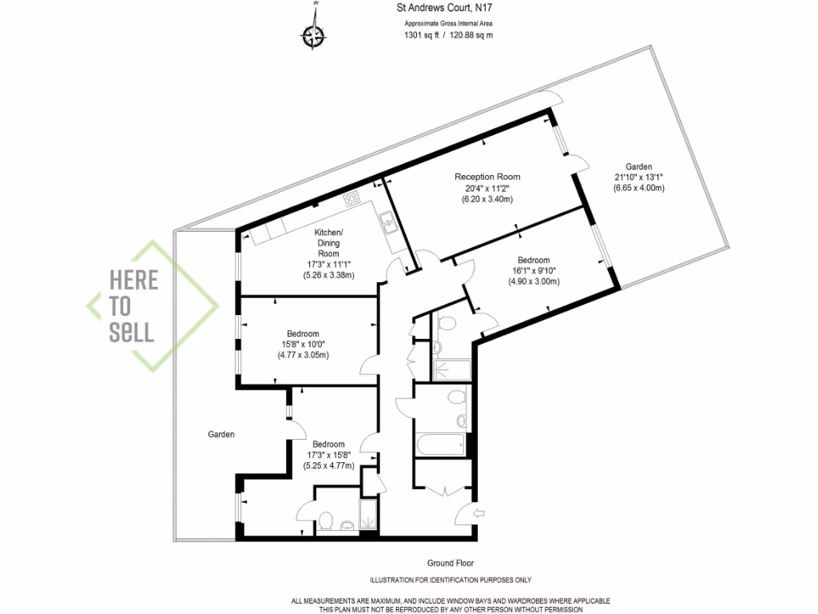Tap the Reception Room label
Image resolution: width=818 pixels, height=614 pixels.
click(x=487, y=177)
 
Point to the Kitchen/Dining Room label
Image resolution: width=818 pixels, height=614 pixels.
click(x=328, y=242)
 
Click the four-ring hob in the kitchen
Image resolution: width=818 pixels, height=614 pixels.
click(x=352, y=198)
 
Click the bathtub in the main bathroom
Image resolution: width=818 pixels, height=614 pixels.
click(x=440, y=444)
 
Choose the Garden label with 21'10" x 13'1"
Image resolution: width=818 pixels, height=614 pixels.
click(x=638, y=166)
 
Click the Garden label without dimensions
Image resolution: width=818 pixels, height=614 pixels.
click(x=221, y=435)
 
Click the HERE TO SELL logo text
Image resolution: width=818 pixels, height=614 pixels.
click(x=133, y=306)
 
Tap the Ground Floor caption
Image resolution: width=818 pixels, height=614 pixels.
click(x=451, y=563)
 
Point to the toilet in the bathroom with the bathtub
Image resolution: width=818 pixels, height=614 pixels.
click(x=457, y=397)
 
